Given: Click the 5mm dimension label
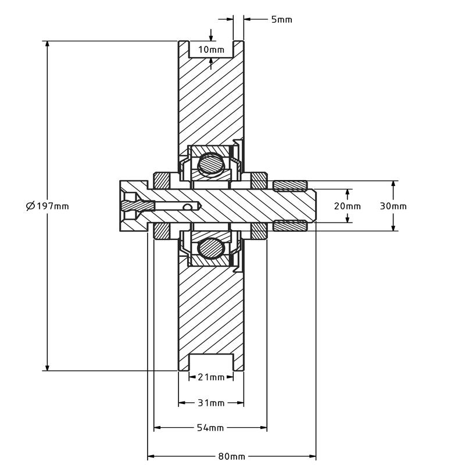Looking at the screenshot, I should [281, 19].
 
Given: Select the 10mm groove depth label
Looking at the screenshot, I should [210, 49].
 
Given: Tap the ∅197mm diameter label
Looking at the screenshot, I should [47, 206].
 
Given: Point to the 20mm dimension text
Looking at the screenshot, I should [347, 206].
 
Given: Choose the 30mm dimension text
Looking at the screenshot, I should [393, 206].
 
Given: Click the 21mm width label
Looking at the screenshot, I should [210, 377].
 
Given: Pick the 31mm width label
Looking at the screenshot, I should [210, 403].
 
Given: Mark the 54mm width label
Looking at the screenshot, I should [210, 428].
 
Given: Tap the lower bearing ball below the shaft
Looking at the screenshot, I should [209, 248].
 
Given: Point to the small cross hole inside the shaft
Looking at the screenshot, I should [187, 206].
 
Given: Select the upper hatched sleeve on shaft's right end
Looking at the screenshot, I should [289, 186].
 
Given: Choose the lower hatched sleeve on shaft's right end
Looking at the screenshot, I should [289, 226].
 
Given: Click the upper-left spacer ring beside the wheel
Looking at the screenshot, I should [161, 180].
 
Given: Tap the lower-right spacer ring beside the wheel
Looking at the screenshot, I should [258, 231].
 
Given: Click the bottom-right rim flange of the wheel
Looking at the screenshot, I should [238, 364].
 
